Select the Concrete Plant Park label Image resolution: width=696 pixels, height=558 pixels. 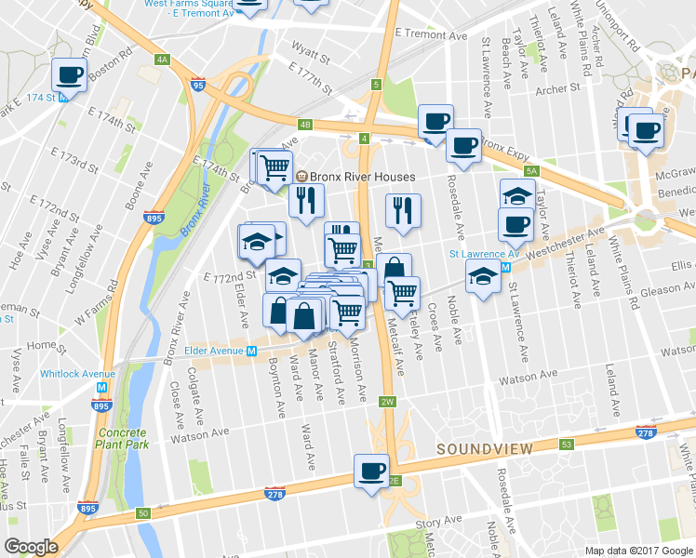(120, 440)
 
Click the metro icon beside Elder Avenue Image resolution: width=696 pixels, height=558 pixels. (251, 352)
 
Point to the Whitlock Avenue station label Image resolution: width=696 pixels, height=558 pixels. (77, 374)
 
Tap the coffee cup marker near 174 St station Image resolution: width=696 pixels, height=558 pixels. (70, 74)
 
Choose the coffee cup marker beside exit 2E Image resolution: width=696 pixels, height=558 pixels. (371, 470)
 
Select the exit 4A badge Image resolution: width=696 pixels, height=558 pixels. (163, 60)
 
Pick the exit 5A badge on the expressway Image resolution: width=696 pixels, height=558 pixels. (531, 171)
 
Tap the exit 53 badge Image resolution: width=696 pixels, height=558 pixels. (566, 444)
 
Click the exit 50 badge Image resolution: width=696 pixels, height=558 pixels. (142, 512)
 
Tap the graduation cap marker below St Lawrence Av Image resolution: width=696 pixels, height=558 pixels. (482, 278)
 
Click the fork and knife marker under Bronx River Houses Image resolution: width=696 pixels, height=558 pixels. (304, 199)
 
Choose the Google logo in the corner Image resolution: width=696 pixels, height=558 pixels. (32, 547)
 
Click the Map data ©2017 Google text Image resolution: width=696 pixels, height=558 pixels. (638, 551)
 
